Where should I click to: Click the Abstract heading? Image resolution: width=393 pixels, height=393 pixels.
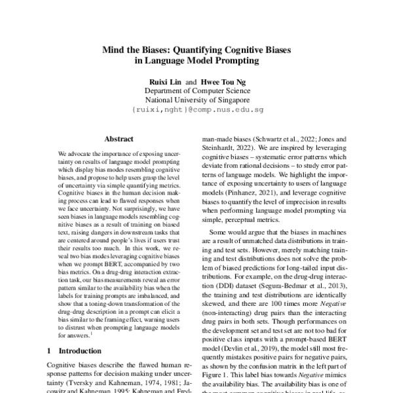tap(119, 139)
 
